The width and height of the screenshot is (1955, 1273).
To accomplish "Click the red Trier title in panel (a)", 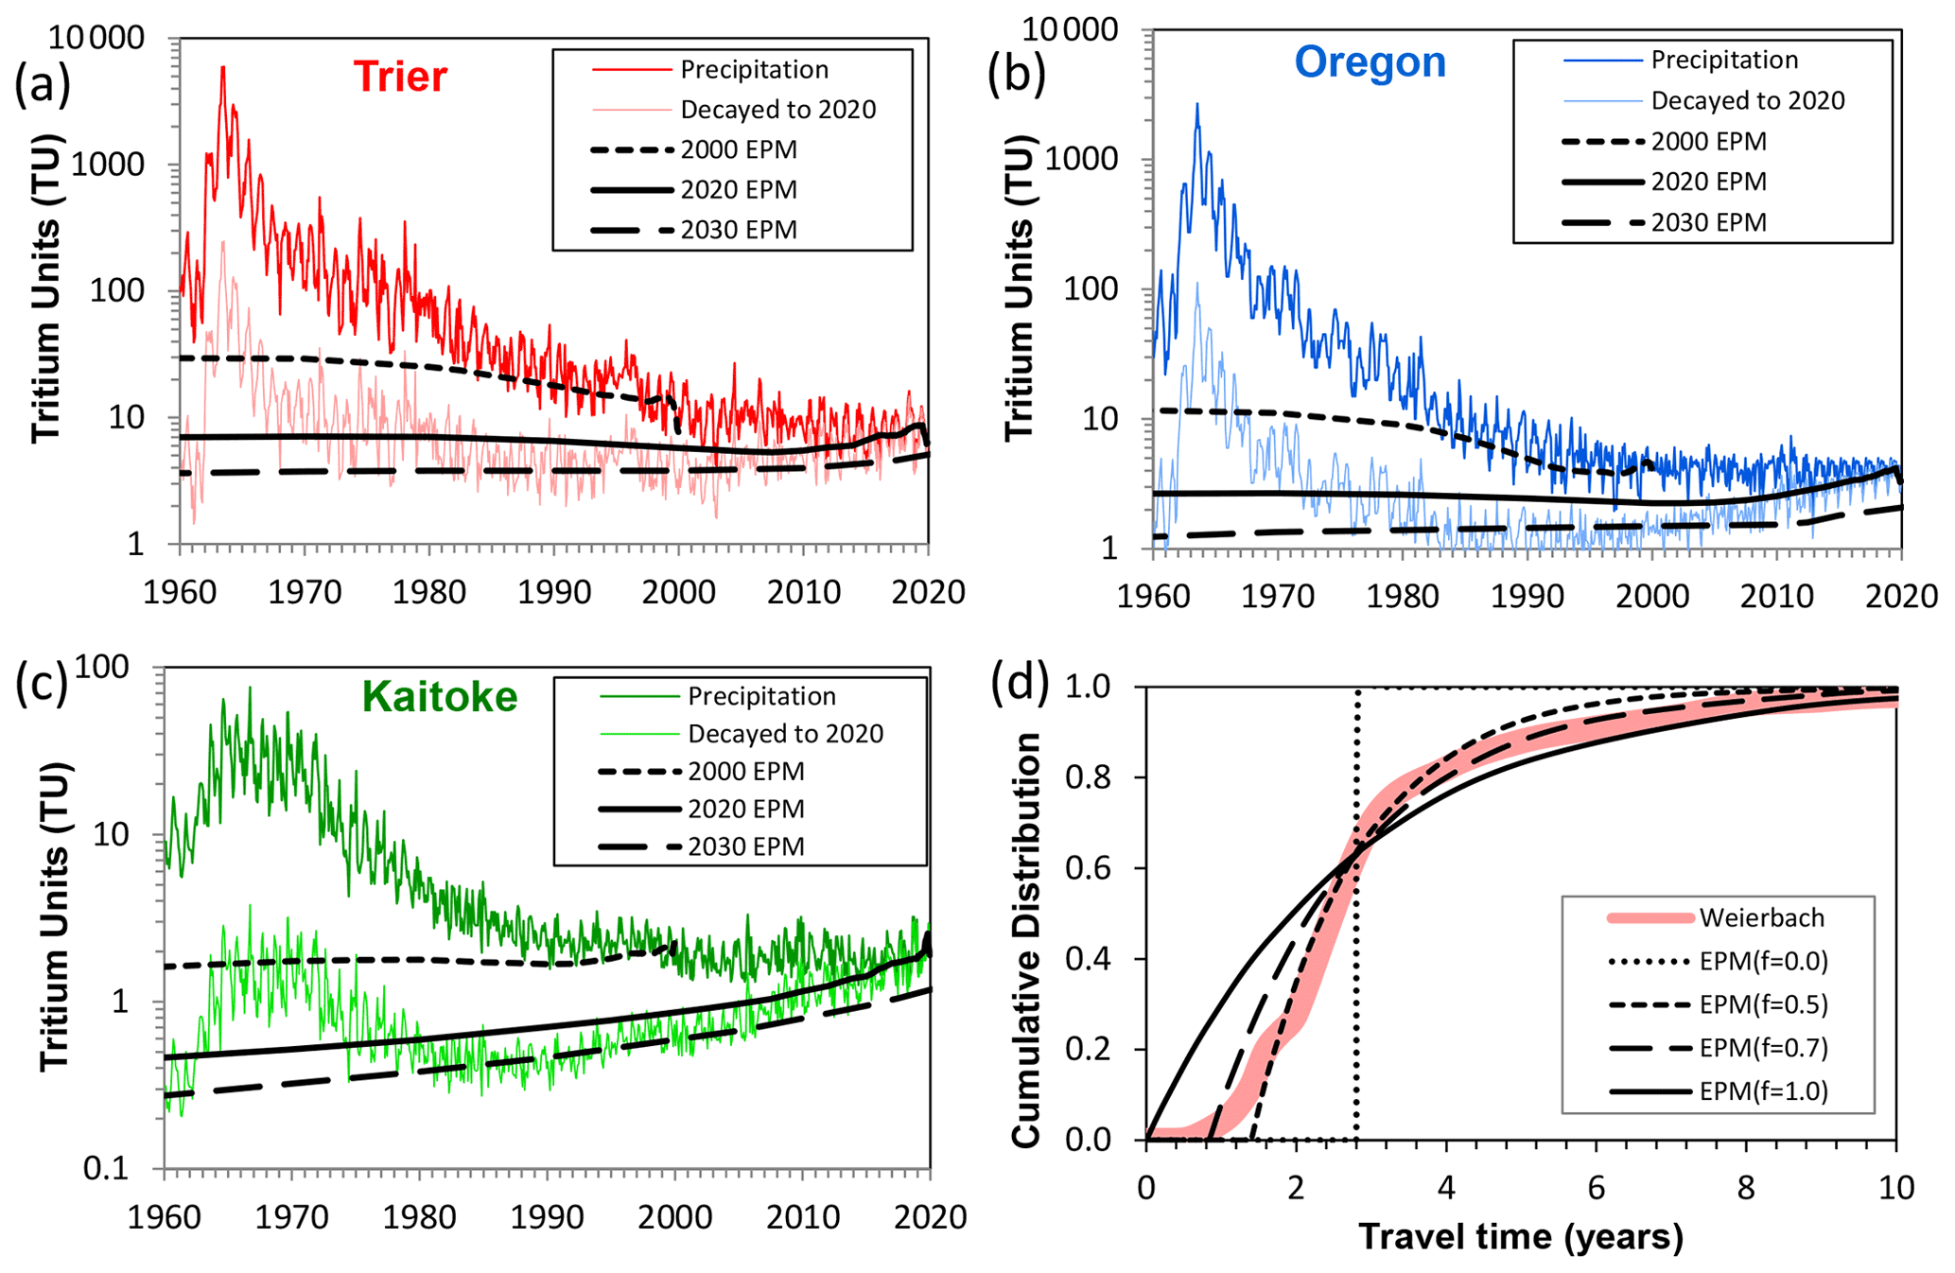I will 400,77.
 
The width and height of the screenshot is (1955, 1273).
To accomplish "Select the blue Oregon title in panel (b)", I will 1370,62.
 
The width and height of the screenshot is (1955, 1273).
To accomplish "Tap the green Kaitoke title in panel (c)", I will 440,697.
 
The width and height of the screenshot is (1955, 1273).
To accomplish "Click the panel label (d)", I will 1019,683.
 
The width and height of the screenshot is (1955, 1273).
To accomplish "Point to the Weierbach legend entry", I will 1761,917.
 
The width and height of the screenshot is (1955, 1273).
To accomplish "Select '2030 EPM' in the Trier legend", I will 739,230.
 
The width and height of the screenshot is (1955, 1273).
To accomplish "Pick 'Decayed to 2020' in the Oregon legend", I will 1747,100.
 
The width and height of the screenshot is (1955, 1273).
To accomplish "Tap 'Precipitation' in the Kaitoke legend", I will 761,696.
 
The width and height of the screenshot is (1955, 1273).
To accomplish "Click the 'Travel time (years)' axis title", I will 1521,1236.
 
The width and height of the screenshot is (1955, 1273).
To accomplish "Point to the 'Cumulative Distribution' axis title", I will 1027,940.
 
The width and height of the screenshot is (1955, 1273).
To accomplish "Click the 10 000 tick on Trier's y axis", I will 96,38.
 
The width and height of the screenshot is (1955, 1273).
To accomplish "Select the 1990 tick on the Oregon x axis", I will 1527,597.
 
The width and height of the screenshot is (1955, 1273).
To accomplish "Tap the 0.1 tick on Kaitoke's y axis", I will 105,1169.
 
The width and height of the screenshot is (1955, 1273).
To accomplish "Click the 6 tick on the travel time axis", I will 1597,1187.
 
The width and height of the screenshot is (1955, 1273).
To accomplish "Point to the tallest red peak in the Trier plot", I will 223,68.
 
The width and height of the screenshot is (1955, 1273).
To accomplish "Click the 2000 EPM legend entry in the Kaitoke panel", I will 745,772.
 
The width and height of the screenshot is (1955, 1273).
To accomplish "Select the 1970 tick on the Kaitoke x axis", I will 291,1216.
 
